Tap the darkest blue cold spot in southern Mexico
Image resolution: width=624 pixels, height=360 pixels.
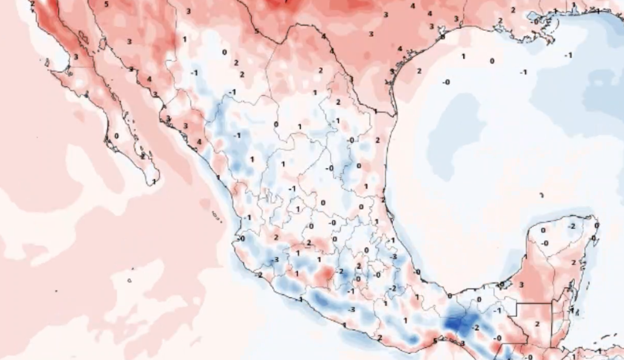click(x=454, y=322)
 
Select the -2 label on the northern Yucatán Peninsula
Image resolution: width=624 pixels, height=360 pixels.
click(x=572, y=226)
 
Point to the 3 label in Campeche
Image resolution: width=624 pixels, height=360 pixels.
click(x=522, y=284)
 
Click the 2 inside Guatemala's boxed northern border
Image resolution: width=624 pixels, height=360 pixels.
click(x=537, y=324)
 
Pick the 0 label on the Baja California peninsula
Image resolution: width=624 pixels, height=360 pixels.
click(x=116, y=136)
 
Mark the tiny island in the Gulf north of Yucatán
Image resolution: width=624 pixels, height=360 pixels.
click(x=542, y=195)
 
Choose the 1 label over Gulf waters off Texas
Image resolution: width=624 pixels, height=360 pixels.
click(x=463, y=56)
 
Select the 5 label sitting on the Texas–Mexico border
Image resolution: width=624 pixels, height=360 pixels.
click(x=256, y=31)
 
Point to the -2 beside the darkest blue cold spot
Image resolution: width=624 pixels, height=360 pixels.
click(x=476, y=327)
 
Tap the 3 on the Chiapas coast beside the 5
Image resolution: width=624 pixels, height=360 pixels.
click(x=462, y=343)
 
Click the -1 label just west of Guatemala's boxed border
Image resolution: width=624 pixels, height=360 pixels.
click(x=497, y=310)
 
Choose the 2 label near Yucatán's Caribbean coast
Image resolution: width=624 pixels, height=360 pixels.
click(x=574, y=263)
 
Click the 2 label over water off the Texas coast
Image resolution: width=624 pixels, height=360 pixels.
click(x=419, y=71)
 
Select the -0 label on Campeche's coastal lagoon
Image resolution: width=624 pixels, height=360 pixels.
click(x=502, y=284)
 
